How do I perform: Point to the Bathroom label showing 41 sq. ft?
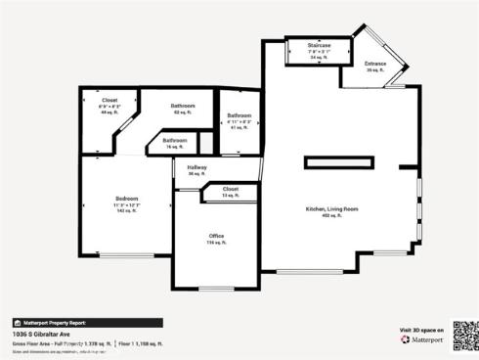click(239, 115)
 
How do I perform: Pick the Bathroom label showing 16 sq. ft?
click(175, 140)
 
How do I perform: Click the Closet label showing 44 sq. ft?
click(110, 100)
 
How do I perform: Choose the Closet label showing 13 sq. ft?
click(230, 189)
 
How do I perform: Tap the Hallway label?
click(197, 168)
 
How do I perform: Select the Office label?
click(216, 236)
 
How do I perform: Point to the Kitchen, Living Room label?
click(332, 209)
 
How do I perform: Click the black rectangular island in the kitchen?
click(339, 162)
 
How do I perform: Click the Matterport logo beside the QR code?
click(427, 343)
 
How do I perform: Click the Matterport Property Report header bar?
click(87, 322)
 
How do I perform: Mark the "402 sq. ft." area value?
click(332, 215)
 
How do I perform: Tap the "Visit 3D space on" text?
click(422, 331)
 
